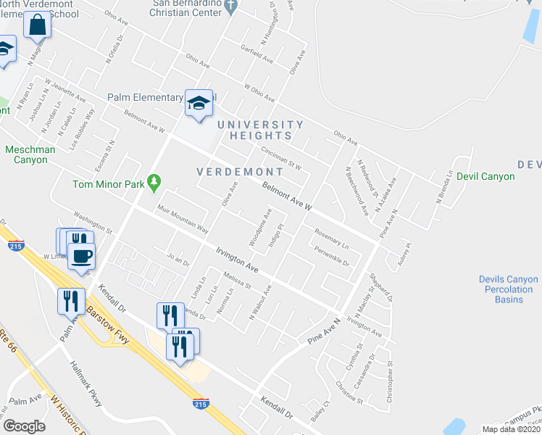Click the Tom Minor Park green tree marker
pos(153,183)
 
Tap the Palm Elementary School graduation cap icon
pos(198,103)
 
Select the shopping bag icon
pos(37,26)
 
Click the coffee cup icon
pos(81,255)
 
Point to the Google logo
pos(24,426)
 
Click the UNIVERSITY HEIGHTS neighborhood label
pos(266,130)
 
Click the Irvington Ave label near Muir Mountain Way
pos(236,257)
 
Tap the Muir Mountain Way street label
pos(183,219)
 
